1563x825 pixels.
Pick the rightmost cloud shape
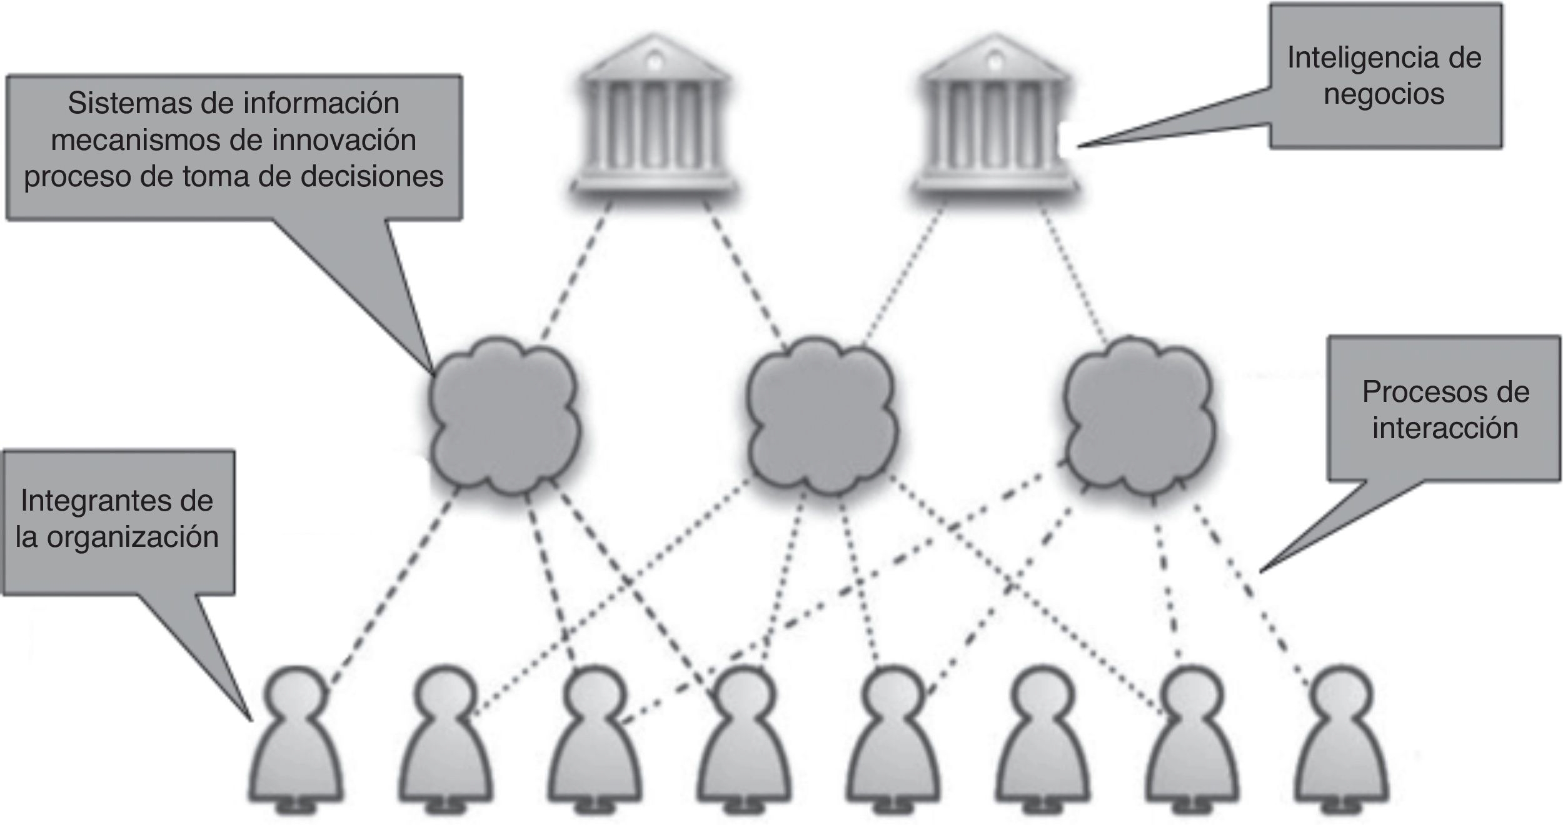1139,416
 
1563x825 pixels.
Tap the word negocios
1384,94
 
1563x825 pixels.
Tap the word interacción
1445,428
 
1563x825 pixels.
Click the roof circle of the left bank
654,62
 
